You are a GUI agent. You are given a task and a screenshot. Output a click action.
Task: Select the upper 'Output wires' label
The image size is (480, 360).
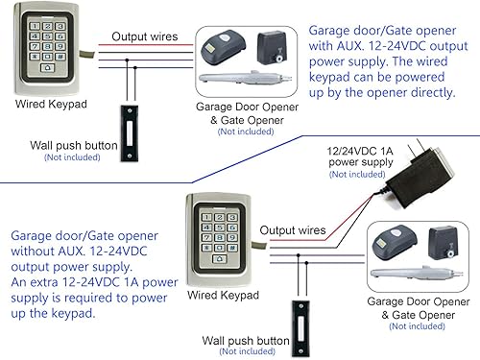coord(143,36)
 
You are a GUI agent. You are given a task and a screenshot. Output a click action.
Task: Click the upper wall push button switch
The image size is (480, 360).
coord(127,121)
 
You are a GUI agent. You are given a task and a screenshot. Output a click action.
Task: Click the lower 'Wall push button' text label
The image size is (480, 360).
coord(247,340)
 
